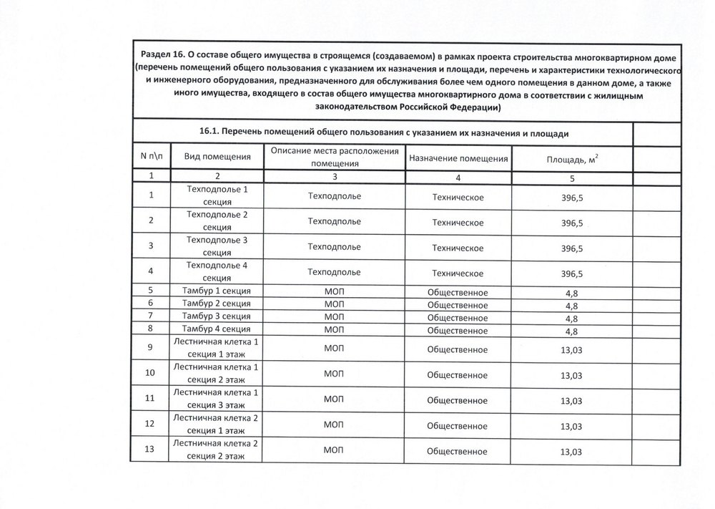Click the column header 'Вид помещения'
217,157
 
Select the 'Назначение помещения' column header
458,158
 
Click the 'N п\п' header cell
151,156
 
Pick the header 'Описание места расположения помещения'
333,157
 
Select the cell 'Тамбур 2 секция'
216,304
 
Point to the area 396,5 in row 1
572,196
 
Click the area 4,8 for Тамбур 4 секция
572,331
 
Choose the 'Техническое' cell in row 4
458,273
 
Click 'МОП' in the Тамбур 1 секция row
333,291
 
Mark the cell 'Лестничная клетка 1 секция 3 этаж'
216,399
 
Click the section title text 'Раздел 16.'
162,56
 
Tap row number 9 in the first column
150,349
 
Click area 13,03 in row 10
572,375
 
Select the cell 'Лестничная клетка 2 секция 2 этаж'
216,450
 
